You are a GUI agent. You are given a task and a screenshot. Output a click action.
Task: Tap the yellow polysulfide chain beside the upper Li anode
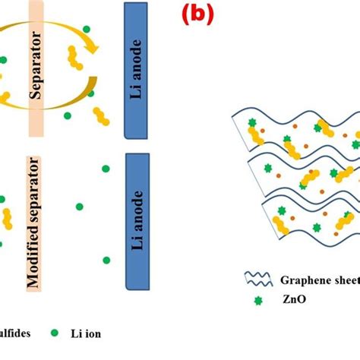tap(99, 113)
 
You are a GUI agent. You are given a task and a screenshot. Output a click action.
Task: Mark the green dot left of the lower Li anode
tap(78, 206)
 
